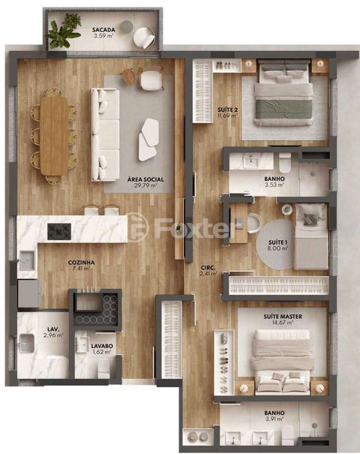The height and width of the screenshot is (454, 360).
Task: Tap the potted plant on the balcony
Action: [x=64, y=32]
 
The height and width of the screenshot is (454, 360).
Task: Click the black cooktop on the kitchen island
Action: [x=59, y=231]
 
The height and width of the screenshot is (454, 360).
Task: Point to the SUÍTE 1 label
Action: [x=268, y=244]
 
